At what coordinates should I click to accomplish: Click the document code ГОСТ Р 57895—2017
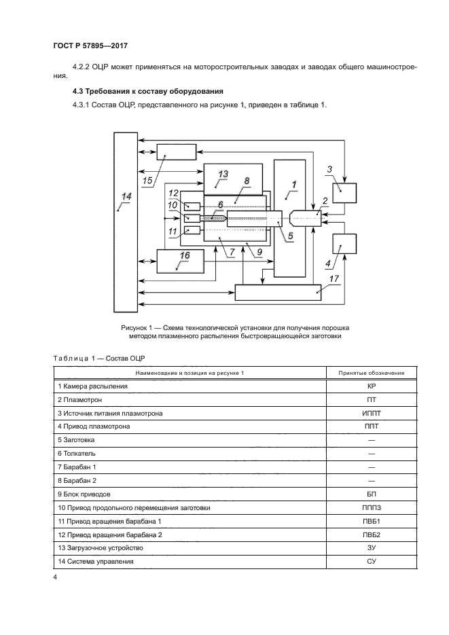(90, 46)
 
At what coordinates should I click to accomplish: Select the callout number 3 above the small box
(329, 169)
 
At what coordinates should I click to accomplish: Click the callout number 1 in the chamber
(293, 183)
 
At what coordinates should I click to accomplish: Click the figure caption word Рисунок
(136, 328)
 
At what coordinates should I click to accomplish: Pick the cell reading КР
(371, 386)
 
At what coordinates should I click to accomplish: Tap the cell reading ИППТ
(371, 413)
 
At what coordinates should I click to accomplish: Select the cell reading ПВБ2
(371, 535)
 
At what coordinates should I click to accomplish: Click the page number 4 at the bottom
(55, 577)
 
